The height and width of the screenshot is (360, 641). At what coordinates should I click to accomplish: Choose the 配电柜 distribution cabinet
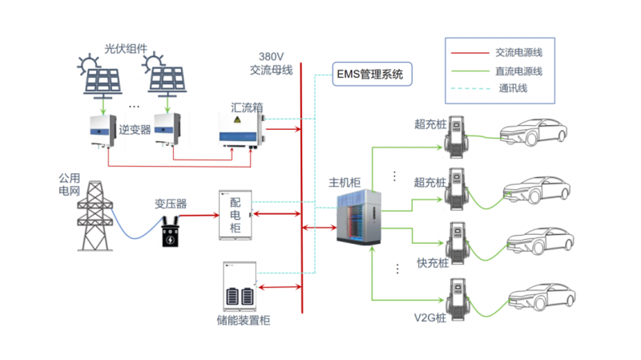pyautogui.click(x=236, y=215)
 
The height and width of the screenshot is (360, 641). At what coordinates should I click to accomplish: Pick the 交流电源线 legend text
pyautogui.click(x=520, y=54)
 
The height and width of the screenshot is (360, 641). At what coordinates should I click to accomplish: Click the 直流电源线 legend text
pyautogui.click(x=520, y=71)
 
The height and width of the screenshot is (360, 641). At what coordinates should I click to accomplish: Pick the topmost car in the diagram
pyautogui.click(x=534, y=133)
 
